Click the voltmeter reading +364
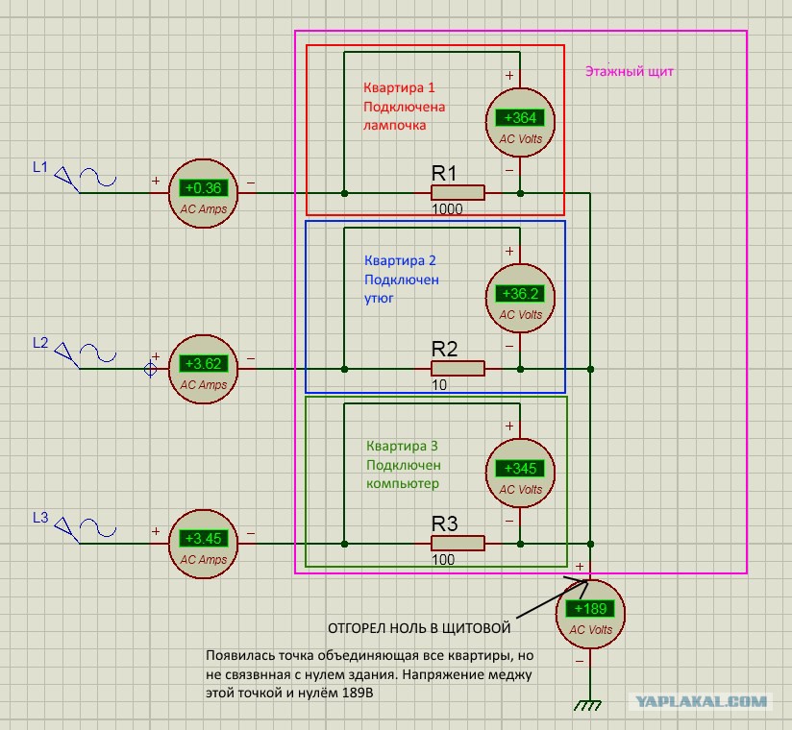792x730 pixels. point(520,123)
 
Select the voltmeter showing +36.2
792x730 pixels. point(520,299)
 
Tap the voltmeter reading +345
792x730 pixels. point(520,473)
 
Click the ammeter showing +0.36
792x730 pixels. point(203,193)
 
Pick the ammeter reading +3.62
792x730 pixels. point(203,369)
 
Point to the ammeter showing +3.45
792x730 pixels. point(203,544)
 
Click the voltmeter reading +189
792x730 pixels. point(590,614)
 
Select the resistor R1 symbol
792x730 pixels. point(458,193)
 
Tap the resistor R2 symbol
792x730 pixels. point(458,369)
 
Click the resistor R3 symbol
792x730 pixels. point(458,544)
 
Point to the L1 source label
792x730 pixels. point(40,167)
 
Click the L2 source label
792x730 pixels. point(40,343)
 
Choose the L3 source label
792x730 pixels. point(40,518)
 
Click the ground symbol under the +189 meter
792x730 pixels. point(588,705)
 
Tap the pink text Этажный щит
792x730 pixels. point(630,72)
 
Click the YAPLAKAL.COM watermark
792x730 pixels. point(701,701)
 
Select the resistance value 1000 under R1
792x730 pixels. point(447,209)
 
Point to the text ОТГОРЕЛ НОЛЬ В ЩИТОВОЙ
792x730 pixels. point(419,628)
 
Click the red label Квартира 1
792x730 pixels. point(399,87)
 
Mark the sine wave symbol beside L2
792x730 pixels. point(98,353)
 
